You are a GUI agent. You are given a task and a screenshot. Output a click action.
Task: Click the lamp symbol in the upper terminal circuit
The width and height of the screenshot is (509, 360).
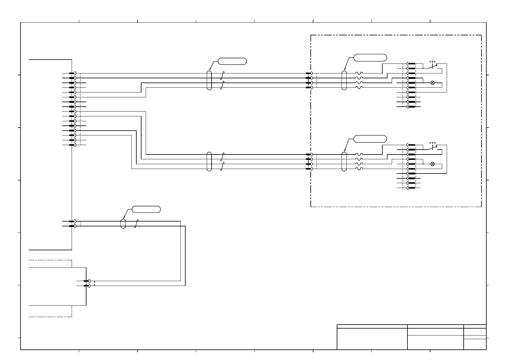click(432, 83)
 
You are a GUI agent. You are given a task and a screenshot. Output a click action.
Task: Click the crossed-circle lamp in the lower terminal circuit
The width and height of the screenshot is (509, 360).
click(432, 164)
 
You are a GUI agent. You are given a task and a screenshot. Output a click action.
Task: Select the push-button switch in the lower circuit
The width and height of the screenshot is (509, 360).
click(433, 147)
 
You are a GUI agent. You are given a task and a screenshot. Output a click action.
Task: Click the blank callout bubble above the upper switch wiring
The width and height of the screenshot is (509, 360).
click(370, 58)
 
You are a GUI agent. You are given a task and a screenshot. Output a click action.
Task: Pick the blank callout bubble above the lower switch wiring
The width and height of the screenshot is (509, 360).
click(370, 139)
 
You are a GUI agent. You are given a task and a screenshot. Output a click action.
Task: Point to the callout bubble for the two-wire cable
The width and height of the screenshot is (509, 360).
click(146, 209)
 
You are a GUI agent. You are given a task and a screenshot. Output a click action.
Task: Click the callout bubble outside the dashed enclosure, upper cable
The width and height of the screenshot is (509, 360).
click(232, 61)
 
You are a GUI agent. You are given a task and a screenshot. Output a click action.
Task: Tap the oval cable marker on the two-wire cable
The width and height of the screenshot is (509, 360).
click(123, 223)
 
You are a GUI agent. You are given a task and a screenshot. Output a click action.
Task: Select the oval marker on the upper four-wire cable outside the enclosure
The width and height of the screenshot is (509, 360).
click(209, 80)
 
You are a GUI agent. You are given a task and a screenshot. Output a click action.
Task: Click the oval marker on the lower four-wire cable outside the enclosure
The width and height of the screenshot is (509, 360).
click(209, 161)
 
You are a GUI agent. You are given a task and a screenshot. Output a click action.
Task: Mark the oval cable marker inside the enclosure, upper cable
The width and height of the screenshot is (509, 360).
click(344, 80)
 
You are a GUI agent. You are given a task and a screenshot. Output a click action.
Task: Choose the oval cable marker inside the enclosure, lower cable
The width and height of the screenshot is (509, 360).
click(344, 161)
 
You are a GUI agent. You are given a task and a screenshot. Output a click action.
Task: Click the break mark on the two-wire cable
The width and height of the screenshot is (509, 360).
click(136, 224)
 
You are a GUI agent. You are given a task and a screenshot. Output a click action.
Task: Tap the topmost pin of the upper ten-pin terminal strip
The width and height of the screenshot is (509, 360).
click(411, 64)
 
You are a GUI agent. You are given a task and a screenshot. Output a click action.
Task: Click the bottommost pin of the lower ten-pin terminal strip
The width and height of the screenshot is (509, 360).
click(411, 188)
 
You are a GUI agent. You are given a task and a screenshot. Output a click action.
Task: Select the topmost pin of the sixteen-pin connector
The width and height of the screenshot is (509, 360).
click(72, 73)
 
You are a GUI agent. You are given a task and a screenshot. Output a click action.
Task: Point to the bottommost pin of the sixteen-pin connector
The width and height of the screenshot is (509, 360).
click(72, 145)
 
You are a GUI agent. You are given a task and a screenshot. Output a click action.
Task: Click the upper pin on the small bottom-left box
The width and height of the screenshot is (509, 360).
click(87, 281)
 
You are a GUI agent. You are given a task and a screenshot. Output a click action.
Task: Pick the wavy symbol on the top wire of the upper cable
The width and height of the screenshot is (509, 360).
click(359, 73)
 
